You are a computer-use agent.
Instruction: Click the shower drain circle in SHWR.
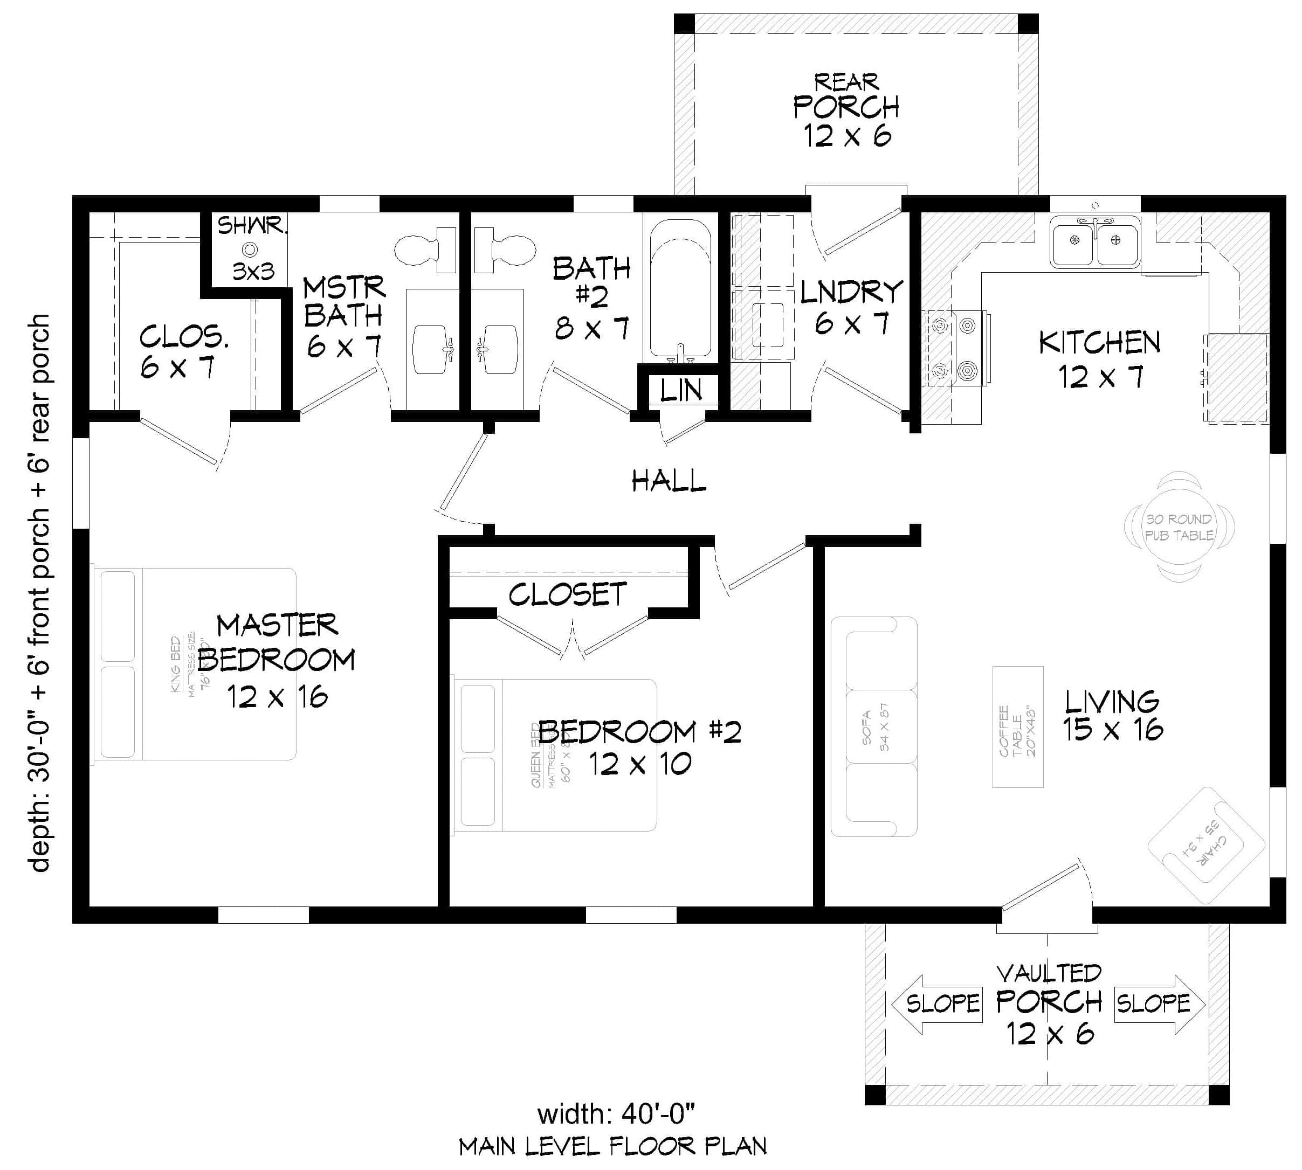coord(250,250)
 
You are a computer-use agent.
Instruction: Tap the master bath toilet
coord(424,250)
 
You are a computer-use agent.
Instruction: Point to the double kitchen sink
coord(1094,242)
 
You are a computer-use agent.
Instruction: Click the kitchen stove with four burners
coord(954,349)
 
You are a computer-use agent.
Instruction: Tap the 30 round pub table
coord(1179,527)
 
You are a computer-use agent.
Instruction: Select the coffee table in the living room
coord(1017,726)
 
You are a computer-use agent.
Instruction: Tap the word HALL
coord(669,481)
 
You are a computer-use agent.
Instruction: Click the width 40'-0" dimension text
coord(616,1114)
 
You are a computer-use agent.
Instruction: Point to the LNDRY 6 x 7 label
coord(851,307)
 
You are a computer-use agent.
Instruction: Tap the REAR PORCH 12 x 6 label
coord(846,109)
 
